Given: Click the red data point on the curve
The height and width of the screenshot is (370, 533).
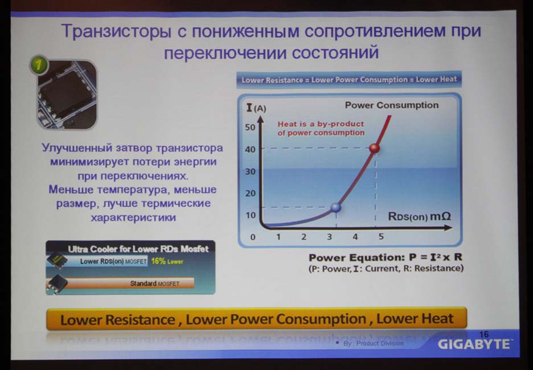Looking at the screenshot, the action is (x=374, y=148).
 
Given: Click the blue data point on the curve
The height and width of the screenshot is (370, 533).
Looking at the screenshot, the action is (x=335, y=208).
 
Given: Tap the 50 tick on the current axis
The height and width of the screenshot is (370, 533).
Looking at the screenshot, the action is (x=250, y=127).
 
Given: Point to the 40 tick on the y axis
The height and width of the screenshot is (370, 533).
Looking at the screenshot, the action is (x=250, y=149).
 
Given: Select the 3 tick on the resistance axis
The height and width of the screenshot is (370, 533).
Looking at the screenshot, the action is (x=329, y=237).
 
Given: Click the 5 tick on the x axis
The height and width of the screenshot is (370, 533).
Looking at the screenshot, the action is (x=381, y=236).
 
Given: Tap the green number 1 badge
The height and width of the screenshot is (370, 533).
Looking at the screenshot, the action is (x=39, y=64).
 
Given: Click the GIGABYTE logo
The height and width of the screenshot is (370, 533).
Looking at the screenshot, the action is (x=474, y=344).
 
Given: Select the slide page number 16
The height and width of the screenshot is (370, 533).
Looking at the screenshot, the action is (x=483, y=334).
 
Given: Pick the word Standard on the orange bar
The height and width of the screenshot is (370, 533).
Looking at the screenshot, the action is (x=143, y=283).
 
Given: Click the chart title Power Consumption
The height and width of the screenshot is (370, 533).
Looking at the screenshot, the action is (x=392, y=105).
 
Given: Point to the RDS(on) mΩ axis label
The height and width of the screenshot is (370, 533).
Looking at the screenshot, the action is (x=420, y=217).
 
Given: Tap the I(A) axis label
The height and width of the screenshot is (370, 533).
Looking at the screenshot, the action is (x=256, y=108).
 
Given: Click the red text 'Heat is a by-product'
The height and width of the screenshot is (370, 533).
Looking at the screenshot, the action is (x=321, y=124).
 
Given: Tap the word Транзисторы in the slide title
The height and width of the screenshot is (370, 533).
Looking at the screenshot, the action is (x=117, y=31).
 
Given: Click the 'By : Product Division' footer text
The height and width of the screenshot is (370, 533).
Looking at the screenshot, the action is (x=373, y=343).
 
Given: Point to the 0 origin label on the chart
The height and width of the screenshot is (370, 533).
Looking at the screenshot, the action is (x=253, y=237).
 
